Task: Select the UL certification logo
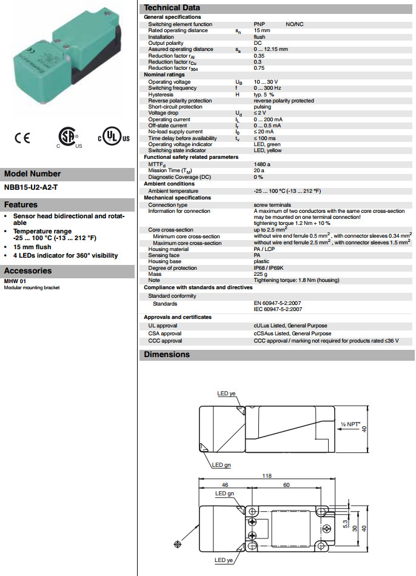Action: click(x=113, y=138)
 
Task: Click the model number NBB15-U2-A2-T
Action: click(x=32, y=187)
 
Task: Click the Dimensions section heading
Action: click(x=167, y=355)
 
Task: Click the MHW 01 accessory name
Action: click(x=15, y=281)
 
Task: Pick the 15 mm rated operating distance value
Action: click(x=262, y=30)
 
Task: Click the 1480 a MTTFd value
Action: click(x=263, y=164)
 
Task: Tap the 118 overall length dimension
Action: click(x=267, y=476)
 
